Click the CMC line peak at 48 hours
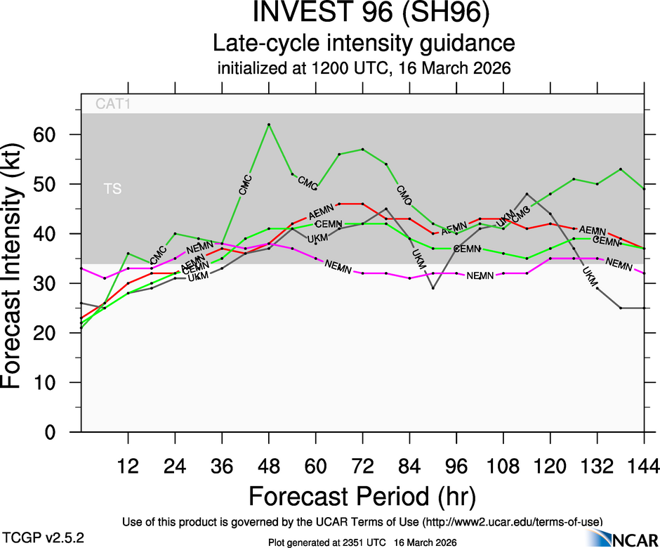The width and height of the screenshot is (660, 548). coord(269,124)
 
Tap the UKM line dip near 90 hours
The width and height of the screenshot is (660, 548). coord(433,288)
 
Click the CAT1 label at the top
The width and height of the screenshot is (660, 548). coord(114,105)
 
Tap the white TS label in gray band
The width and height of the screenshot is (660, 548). coord(113,189)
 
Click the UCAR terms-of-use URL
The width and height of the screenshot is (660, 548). coord(511,521)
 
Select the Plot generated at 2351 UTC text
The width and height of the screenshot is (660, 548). coord(363,542)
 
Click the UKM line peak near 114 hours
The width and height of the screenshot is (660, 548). coord(527,194)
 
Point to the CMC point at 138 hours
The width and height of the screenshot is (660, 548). coord(621,169)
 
